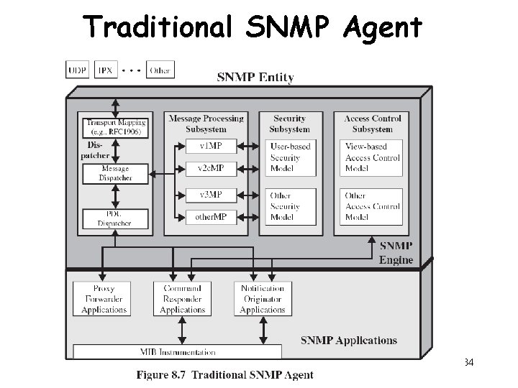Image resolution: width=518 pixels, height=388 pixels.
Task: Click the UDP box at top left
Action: point(77,70)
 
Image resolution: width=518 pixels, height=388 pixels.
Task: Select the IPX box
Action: point(106,70)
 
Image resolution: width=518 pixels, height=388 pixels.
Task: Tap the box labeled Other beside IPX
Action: point(160,70)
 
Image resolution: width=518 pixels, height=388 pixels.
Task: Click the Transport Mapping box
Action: point(116,127)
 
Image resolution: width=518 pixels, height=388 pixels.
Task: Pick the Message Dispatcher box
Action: point(116,173)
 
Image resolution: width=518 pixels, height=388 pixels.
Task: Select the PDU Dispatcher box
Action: point(116,218)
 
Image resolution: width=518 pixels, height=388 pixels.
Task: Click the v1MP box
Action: point(210,146)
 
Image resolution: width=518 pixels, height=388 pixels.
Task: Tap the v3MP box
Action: point(210,195)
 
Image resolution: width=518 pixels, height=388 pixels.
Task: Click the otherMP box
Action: point(210,216)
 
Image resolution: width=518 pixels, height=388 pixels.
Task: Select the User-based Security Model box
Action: point(290,157)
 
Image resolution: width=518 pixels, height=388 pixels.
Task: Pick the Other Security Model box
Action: point(290,206)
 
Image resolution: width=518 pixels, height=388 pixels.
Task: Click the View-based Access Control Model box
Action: point(372,157)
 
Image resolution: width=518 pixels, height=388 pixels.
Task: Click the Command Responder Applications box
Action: point(183,299)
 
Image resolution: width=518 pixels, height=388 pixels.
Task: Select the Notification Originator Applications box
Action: point(263,299)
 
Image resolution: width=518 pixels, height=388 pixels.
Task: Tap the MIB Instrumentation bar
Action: point(178,352)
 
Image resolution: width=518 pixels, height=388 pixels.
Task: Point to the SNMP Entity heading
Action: point(255,78)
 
